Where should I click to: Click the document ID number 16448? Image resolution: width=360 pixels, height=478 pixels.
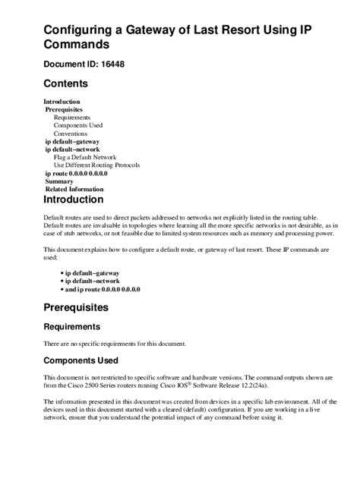click(131, 64)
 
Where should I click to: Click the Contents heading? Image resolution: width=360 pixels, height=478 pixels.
click(66, 83)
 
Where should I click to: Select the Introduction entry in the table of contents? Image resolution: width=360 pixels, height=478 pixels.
click(62, 102)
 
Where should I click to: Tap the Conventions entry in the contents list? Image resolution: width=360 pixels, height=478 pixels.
click(71, 134)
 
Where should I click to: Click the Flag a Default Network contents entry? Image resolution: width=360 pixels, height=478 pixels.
click(84, 157)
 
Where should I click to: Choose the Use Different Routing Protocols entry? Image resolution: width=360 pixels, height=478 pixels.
click(96, 165)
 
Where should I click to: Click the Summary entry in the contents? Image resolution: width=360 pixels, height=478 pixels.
click(59, 181)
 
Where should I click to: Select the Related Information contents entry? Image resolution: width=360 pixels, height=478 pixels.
click(74, 189)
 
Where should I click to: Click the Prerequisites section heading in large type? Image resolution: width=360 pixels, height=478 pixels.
click(87, 308)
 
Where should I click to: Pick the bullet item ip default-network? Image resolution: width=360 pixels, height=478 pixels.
click(92, 281)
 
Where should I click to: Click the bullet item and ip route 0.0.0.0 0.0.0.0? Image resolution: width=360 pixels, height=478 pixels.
click(102, 289)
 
